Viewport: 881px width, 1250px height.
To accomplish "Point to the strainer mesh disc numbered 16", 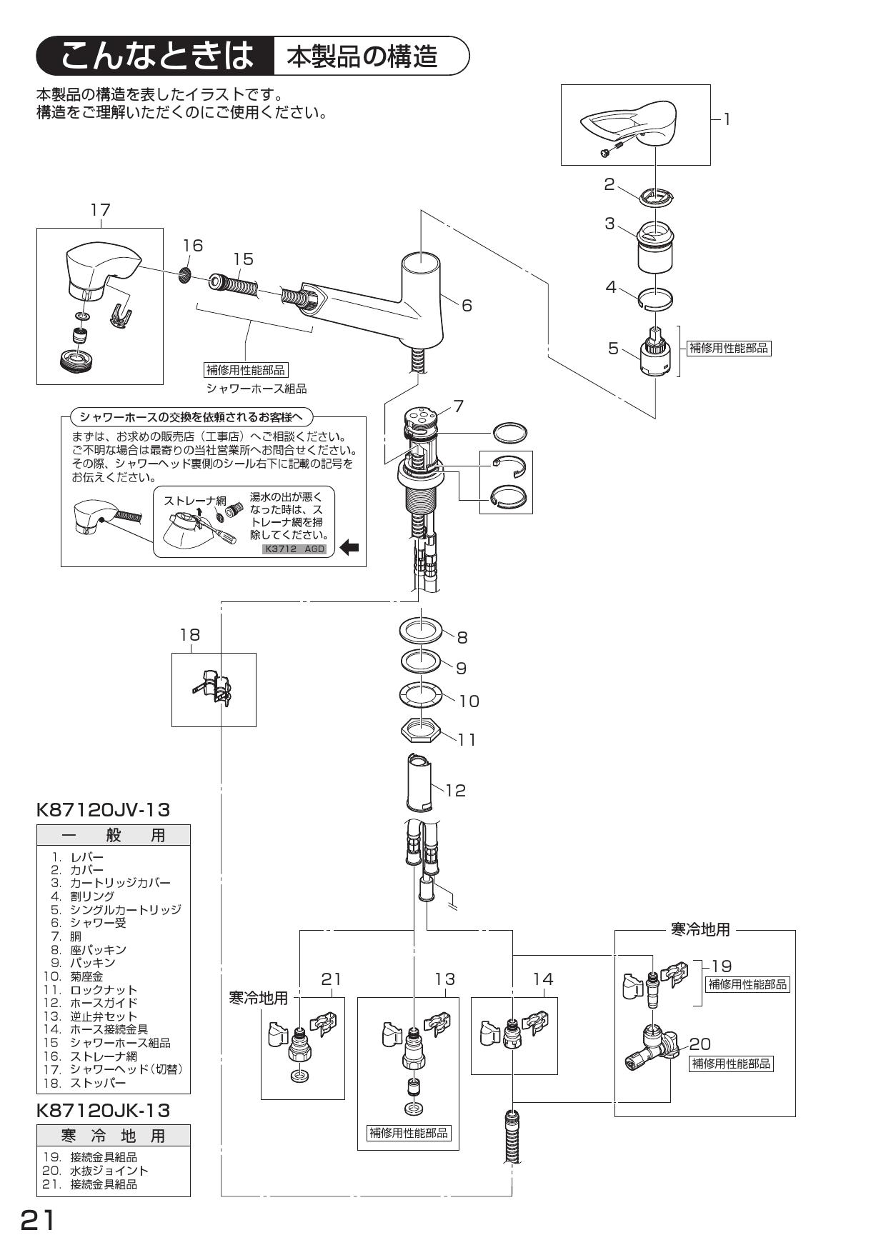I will coord(184,274).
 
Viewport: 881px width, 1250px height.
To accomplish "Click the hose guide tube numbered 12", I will coord(419,782).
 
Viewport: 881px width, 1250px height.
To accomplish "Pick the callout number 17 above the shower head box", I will coord(101,209).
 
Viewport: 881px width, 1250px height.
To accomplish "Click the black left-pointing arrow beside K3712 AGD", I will coord(349,549).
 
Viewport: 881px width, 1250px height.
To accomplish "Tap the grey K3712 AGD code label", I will coord(294,549).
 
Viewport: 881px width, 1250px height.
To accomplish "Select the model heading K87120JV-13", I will coord(103,810).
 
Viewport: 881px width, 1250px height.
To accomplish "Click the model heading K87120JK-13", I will coord(103,1111).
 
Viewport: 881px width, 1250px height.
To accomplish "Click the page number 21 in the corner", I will coord(37,1220).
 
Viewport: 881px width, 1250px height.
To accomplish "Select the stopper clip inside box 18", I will coord(214,688).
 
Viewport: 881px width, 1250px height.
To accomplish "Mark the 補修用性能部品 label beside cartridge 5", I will coord(728,349).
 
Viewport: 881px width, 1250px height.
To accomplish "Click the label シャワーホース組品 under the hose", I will coord(256,389).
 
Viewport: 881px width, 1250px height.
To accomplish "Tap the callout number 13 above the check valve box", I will coord(444,979).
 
